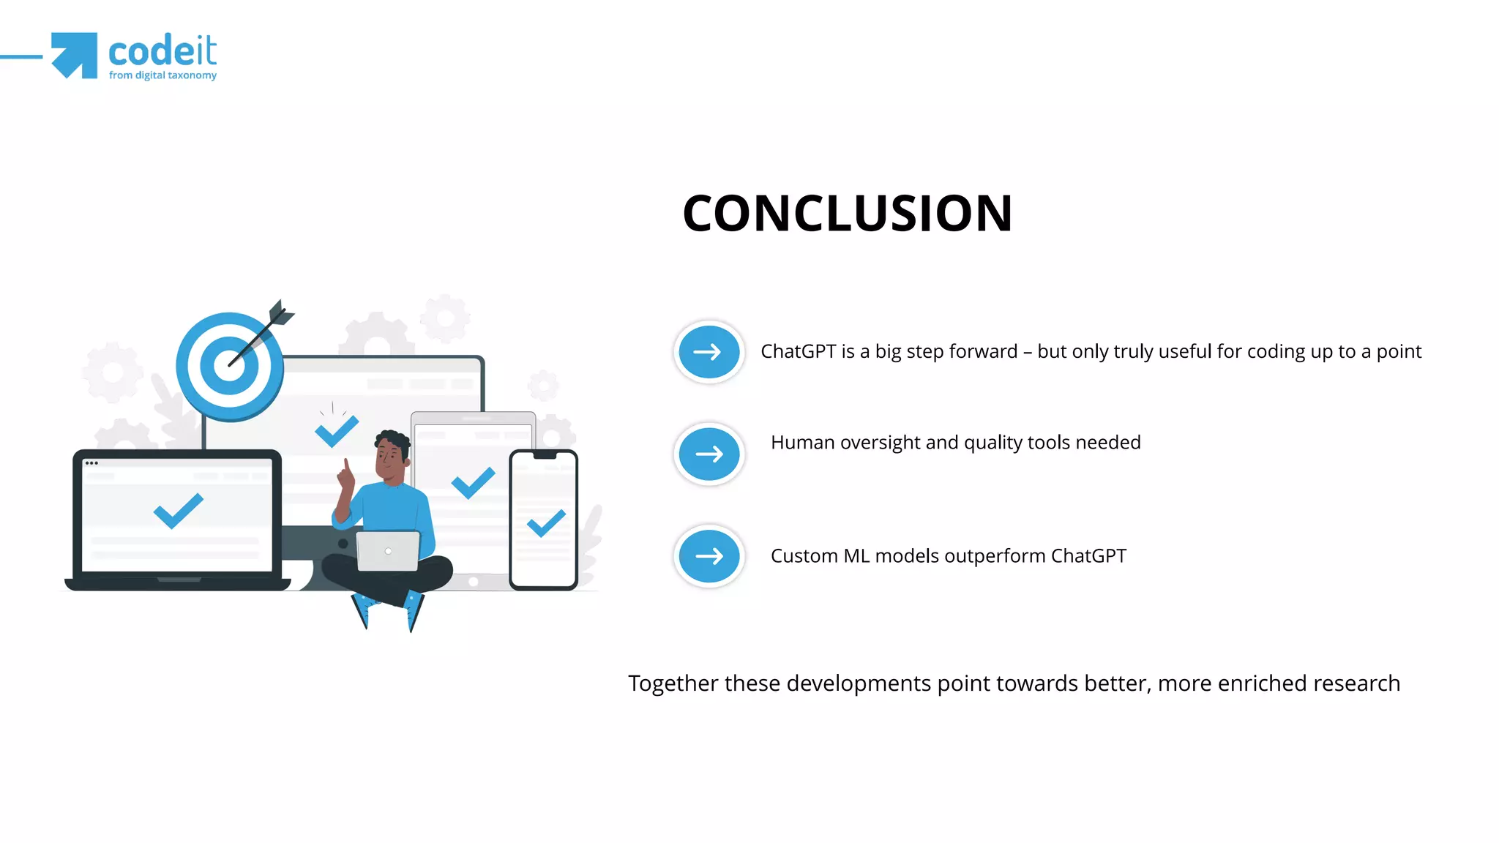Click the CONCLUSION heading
(847, 214)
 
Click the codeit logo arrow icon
(75, 55)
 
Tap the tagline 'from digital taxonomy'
(162, 75)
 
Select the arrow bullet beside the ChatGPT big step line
(709, 352)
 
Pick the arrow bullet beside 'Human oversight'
(709, 454)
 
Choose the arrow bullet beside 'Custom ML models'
(709, 557)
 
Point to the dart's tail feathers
(280, 313)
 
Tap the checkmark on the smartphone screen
(546, 522)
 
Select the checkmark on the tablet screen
(473, 482)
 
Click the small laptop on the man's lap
(388, 551)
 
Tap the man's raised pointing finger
(345, 466)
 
